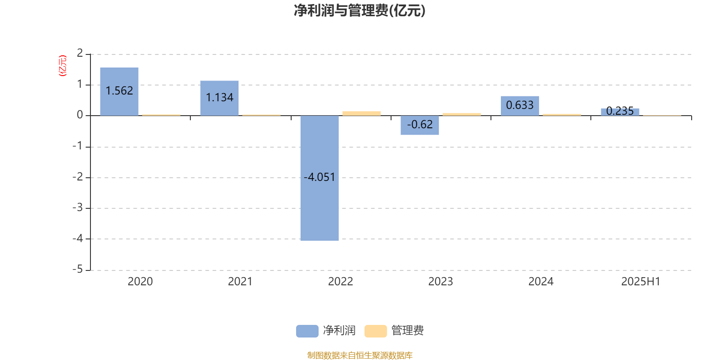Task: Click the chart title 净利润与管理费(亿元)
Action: pos(360,11)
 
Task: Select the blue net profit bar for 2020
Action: pos(119,92)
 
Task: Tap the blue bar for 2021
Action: pos(220,98)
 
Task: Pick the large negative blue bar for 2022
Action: pos(319,178)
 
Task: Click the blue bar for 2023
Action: pos(420,125)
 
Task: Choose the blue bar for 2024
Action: pos(520,106)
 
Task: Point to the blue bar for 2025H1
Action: pos(620,112)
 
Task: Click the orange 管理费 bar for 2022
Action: pos(362,113)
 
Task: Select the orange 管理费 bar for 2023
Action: pos(462,114)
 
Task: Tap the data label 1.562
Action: pos(119,90)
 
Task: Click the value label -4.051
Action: pos(319,177)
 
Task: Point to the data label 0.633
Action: pos(520,105)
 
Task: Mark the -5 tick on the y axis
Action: pos(78,270)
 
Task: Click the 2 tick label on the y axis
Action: pos(80,53)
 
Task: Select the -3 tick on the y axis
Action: pos(78,207)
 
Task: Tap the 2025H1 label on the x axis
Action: pos(641,282)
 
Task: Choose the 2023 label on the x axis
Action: pos(441,282)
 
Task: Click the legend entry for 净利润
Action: pos(326,331)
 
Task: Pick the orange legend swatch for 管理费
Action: pos(375,331)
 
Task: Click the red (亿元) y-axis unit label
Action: pos(63,66)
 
